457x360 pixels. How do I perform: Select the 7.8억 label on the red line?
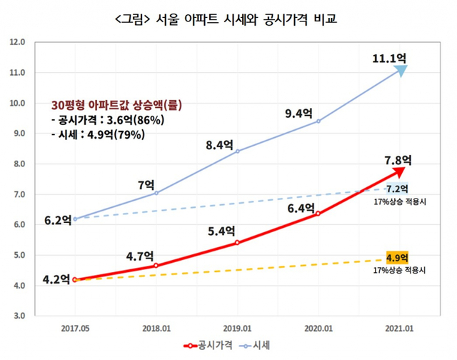[x=396, y=159]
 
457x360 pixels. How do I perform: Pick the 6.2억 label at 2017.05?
[x=57, y=221]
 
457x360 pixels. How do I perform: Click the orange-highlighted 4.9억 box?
[x=396, y=258]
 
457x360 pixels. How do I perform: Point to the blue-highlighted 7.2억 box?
[x=397, y=189]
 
